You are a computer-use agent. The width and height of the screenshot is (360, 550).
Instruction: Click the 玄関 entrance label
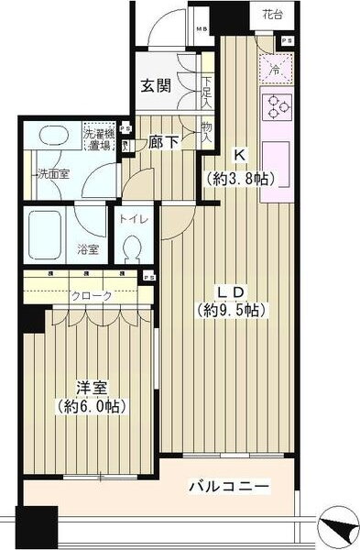point(155,86)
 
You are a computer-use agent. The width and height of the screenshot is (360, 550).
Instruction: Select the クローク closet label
point(93,295)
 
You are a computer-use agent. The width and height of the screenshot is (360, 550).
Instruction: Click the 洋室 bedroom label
point(90,385)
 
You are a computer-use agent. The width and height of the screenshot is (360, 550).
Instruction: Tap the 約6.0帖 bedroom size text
point(90,406)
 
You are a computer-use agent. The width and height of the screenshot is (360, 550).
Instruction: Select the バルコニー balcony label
point(230,487)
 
